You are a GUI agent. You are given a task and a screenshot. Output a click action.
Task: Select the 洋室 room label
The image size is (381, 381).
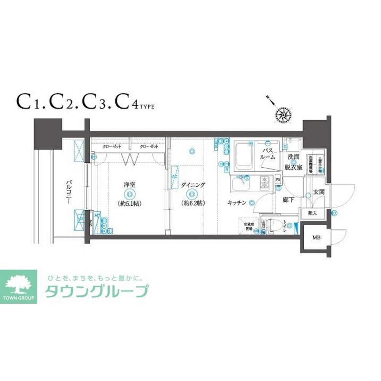[x=130, y=185]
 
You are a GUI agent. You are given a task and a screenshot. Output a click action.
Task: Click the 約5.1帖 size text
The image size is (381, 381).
[x=130, y=203]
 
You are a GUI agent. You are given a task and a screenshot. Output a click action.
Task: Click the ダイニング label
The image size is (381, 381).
[x=193, y=185]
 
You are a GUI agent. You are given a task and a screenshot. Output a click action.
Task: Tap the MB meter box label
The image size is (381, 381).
[x=316, y=238]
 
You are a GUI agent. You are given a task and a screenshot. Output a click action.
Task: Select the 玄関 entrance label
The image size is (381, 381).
[x=319, y=192]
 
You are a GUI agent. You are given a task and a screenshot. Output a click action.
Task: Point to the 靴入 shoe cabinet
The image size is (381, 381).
[x=312, y=214]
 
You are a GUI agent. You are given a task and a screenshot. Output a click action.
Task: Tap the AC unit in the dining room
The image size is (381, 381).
[x=175, y=177]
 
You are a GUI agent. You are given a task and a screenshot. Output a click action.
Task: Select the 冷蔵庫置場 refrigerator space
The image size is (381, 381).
[x=248, y=227]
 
